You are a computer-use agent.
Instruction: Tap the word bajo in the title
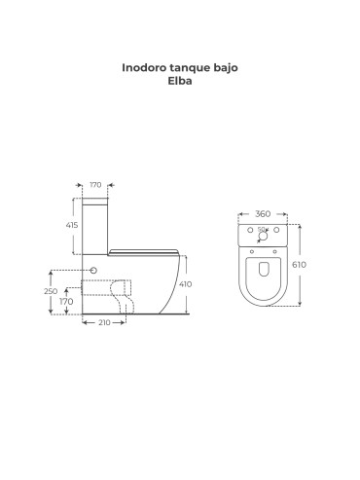coord(226,68)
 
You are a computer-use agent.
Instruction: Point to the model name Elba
coord(180,81)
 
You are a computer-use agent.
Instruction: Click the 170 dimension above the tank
coord(95,185)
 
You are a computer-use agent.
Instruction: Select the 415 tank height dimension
coord(72,225)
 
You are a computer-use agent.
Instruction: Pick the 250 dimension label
coord(51,291)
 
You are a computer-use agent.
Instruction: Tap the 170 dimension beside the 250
coord(66,302)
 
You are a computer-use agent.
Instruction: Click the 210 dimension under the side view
coord(104,322)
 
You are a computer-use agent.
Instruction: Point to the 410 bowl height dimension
coord(185,284)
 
